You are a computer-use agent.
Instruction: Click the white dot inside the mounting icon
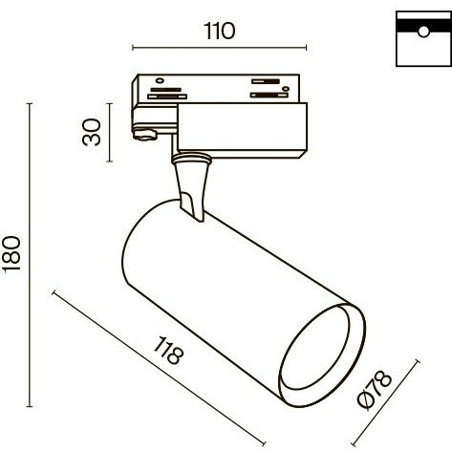(421, 33)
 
